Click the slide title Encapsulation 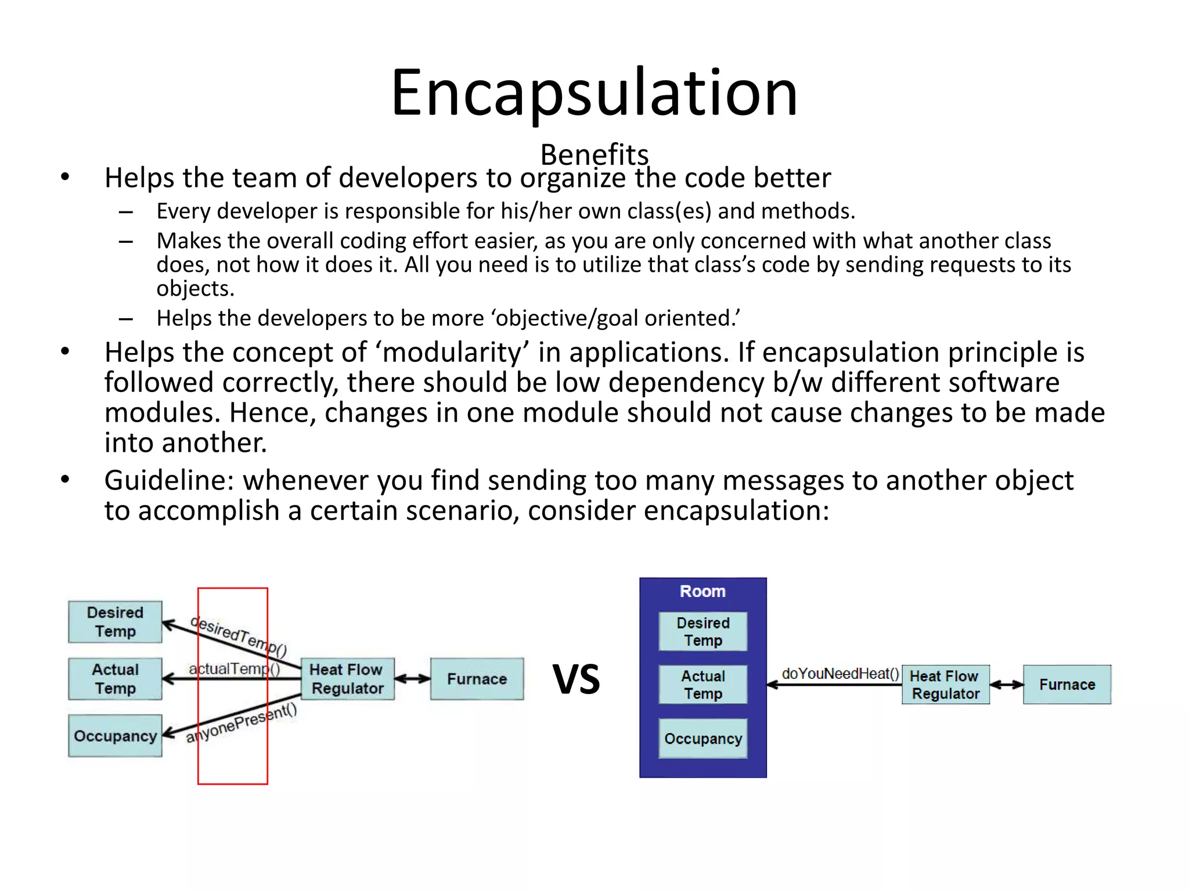click(594, 93)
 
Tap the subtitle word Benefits click(594, 154)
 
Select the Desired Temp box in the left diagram click(115, 621)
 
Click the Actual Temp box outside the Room click(115, 678)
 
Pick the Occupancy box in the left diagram click(115, 736)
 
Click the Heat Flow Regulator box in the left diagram click(347, 678)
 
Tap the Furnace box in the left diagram click(477, 678)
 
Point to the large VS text click(575, 678)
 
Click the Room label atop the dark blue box click(702, 591)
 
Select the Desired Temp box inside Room click(702, 631)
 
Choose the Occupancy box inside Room click(702, 738)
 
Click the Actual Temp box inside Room click(702, 685)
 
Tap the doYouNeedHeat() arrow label click(839, 673)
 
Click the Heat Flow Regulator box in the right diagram click(945, 685)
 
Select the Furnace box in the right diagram click(1067, 685)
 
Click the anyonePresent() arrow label click(241, 723)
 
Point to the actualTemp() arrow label click(234, 668)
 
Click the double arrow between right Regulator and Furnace click(1006, 685)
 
